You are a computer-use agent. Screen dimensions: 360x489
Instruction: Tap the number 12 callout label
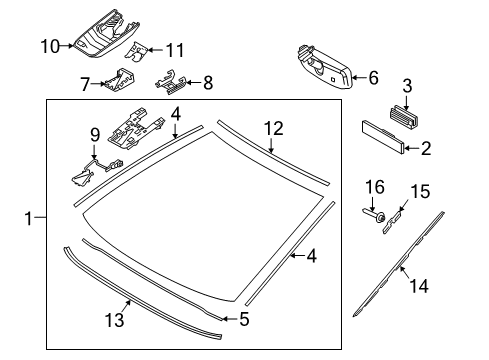coord(273,127)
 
